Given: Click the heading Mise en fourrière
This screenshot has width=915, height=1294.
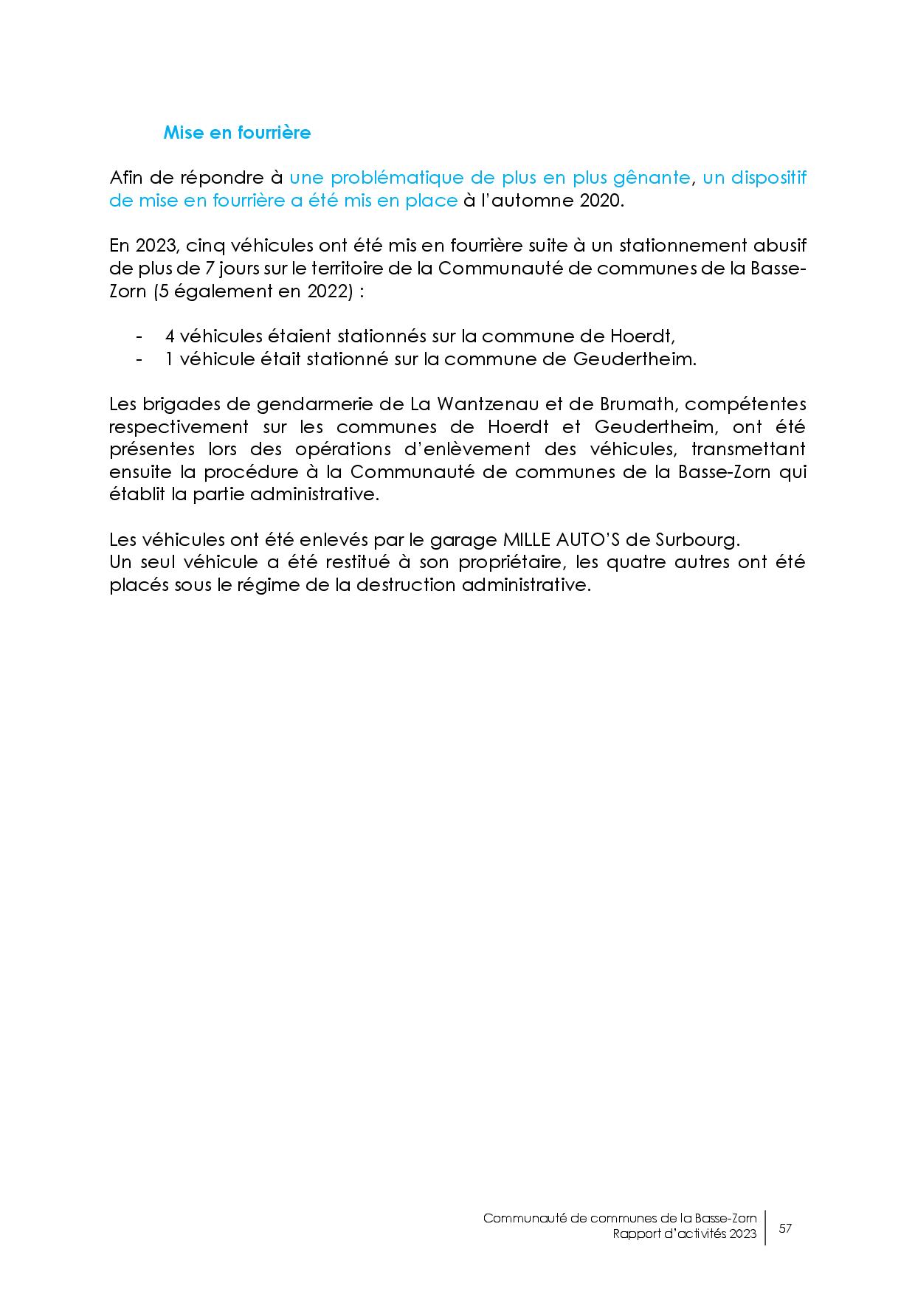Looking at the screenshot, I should tap(237, 133).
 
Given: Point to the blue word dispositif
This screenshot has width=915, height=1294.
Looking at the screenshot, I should tap(768, 178).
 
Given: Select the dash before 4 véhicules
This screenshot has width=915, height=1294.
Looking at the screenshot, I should tap(139, 336).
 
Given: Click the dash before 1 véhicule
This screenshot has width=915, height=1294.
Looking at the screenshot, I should tap(139, 359).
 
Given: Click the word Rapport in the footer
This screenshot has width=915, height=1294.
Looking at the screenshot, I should tap(638, 1234).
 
